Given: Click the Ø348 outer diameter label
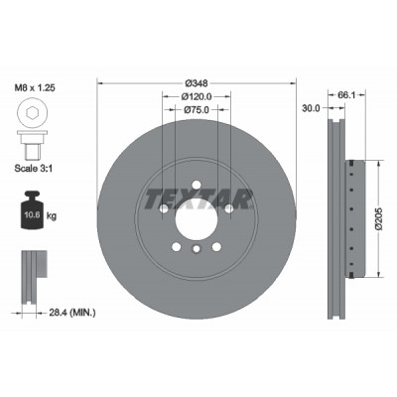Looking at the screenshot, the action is tap(197, 83).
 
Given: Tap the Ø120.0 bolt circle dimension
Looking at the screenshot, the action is tap(197, 96).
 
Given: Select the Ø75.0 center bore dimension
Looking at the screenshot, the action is tap(197, 109).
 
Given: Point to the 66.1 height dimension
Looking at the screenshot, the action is tap(346, 95).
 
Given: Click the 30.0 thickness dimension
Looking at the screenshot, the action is tap(311, 108).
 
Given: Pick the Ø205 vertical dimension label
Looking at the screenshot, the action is tap(379, 218).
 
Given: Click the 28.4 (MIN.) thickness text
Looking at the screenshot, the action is tap(72, 313).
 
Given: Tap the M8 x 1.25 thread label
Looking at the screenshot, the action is tap(35, 88).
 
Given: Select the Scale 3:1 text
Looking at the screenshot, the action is tap(34, 169).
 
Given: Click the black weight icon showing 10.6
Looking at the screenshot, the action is tap(33, 209).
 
